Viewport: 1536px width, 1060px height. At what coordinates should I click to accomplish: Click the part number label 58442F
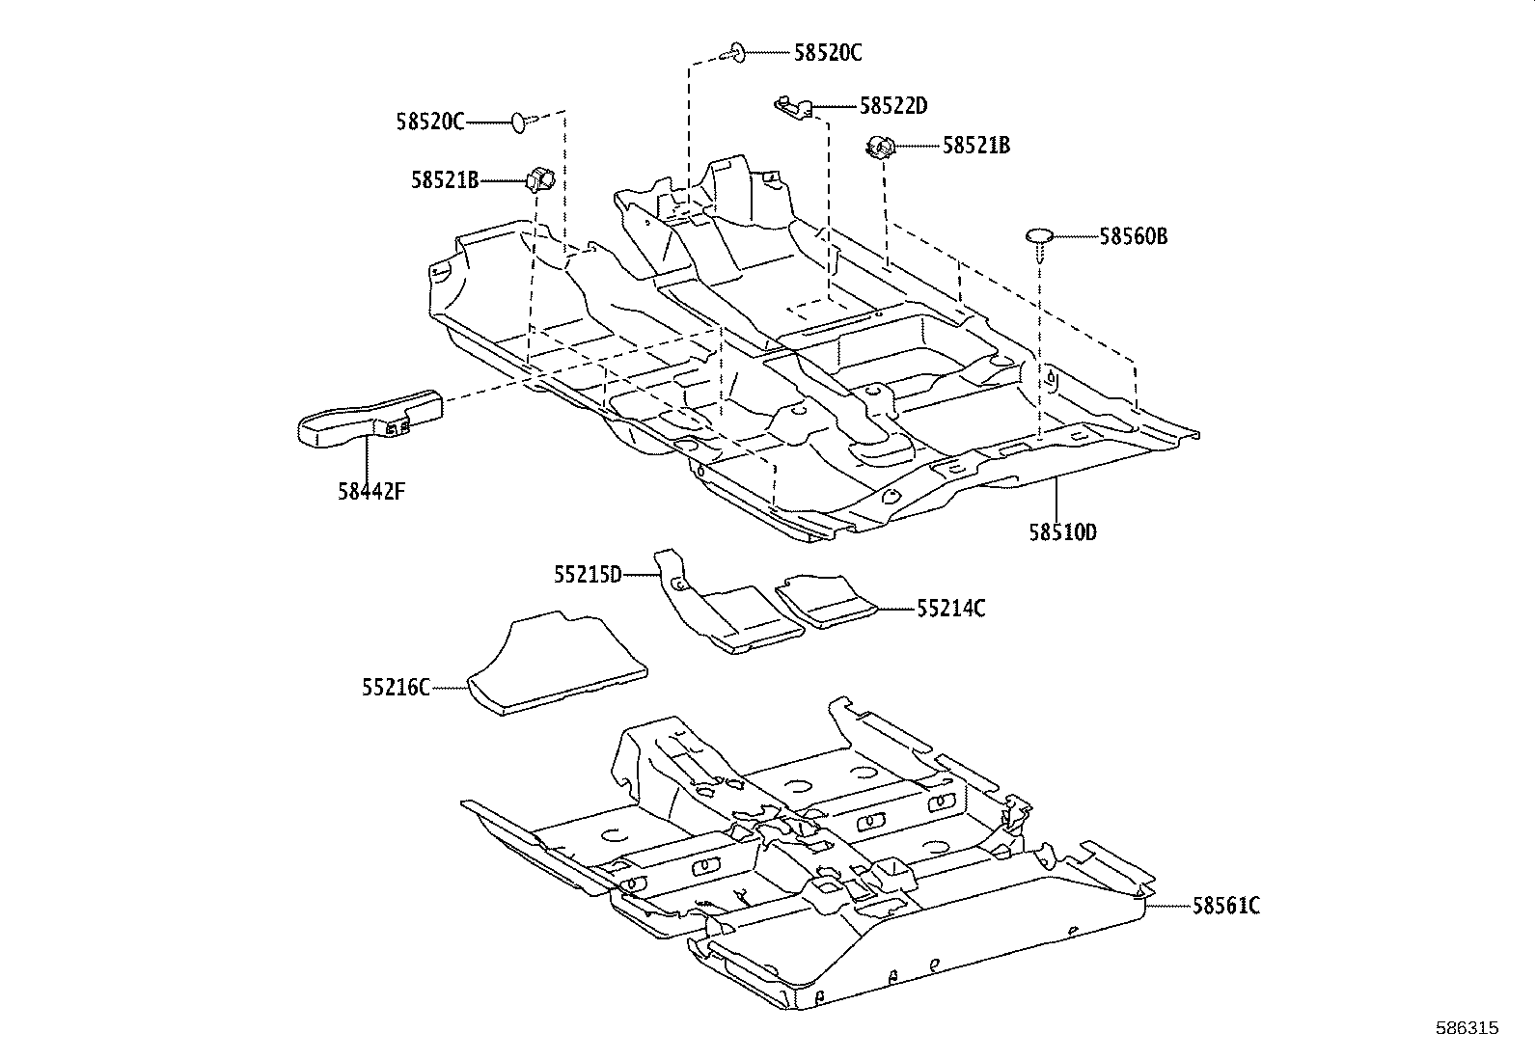point(371,491)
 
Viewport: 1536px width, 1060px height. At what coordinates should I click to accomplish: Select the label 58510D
point(1062,532)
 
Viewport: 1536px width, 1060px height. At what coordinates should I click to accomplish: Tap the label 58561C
point(1226,906)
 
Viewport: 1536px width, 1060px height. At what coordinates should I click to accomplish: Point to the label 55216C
point(396,688)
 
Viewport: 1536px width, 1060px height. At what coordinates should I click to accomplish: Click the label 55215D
point(588,575)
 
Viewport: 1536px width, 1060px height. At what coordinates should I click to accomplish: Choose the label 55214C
point(951,609)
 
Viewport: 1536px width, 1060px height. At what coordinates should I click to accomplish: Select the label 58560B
point(1134,236)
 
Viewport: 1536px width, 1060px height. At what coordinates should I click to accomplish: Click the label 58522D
point(893,106)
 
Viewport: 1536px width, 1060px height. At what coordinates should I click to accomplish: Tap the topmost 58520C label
point(828,53)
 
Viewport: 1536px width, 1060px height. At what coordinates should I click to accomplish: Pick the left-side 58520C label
point(429,122)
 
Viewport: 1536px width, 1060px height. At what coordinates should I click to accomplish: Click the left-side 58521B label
point(445,179)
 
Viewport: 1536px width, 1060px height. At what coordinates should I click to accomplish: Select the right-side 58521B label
point(976,146)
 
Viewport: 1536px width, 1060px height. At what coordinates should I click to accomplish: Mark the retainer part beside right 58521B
point(879,148)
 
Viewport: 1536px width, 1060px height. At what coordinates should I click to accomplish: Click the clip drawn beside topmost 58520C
point(735,51)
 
